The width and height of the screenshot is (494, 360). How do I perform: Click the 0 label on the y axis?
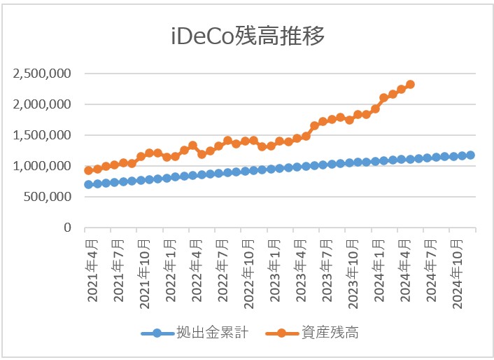click(x=68, y=228)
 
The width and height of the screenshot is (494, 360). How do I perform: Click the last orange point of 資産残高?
click(x=410, y=84)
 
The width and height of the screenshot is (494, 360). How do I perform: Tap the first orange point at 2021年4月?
click(x=89, y=170)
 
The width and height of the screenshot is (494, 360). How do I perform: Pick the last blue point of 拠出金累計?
click(x=471, y=155)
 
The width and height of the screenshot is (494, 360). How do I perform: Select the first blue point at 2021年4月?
click(x=89, y=184)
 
